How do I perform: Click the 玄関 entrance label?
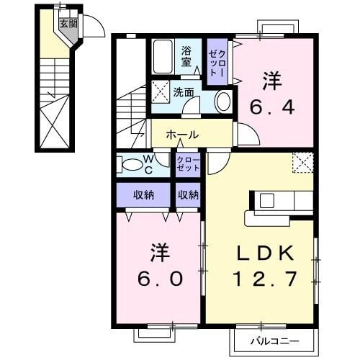[67, 23]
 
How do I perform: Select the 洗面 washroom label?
[184, 92]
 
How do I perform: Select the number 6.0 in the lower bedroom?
[158, 277]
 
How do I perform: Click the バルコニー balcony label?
[274, 340]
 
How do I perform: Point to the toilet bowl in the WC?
[132, 165]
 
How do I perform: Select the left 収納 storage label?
[143, 194]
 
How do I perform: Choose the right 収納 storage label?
[189, 194]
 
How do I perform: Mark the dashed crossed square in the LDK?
[303, 163]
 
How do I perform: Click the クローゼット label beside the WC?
[188, 163]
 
